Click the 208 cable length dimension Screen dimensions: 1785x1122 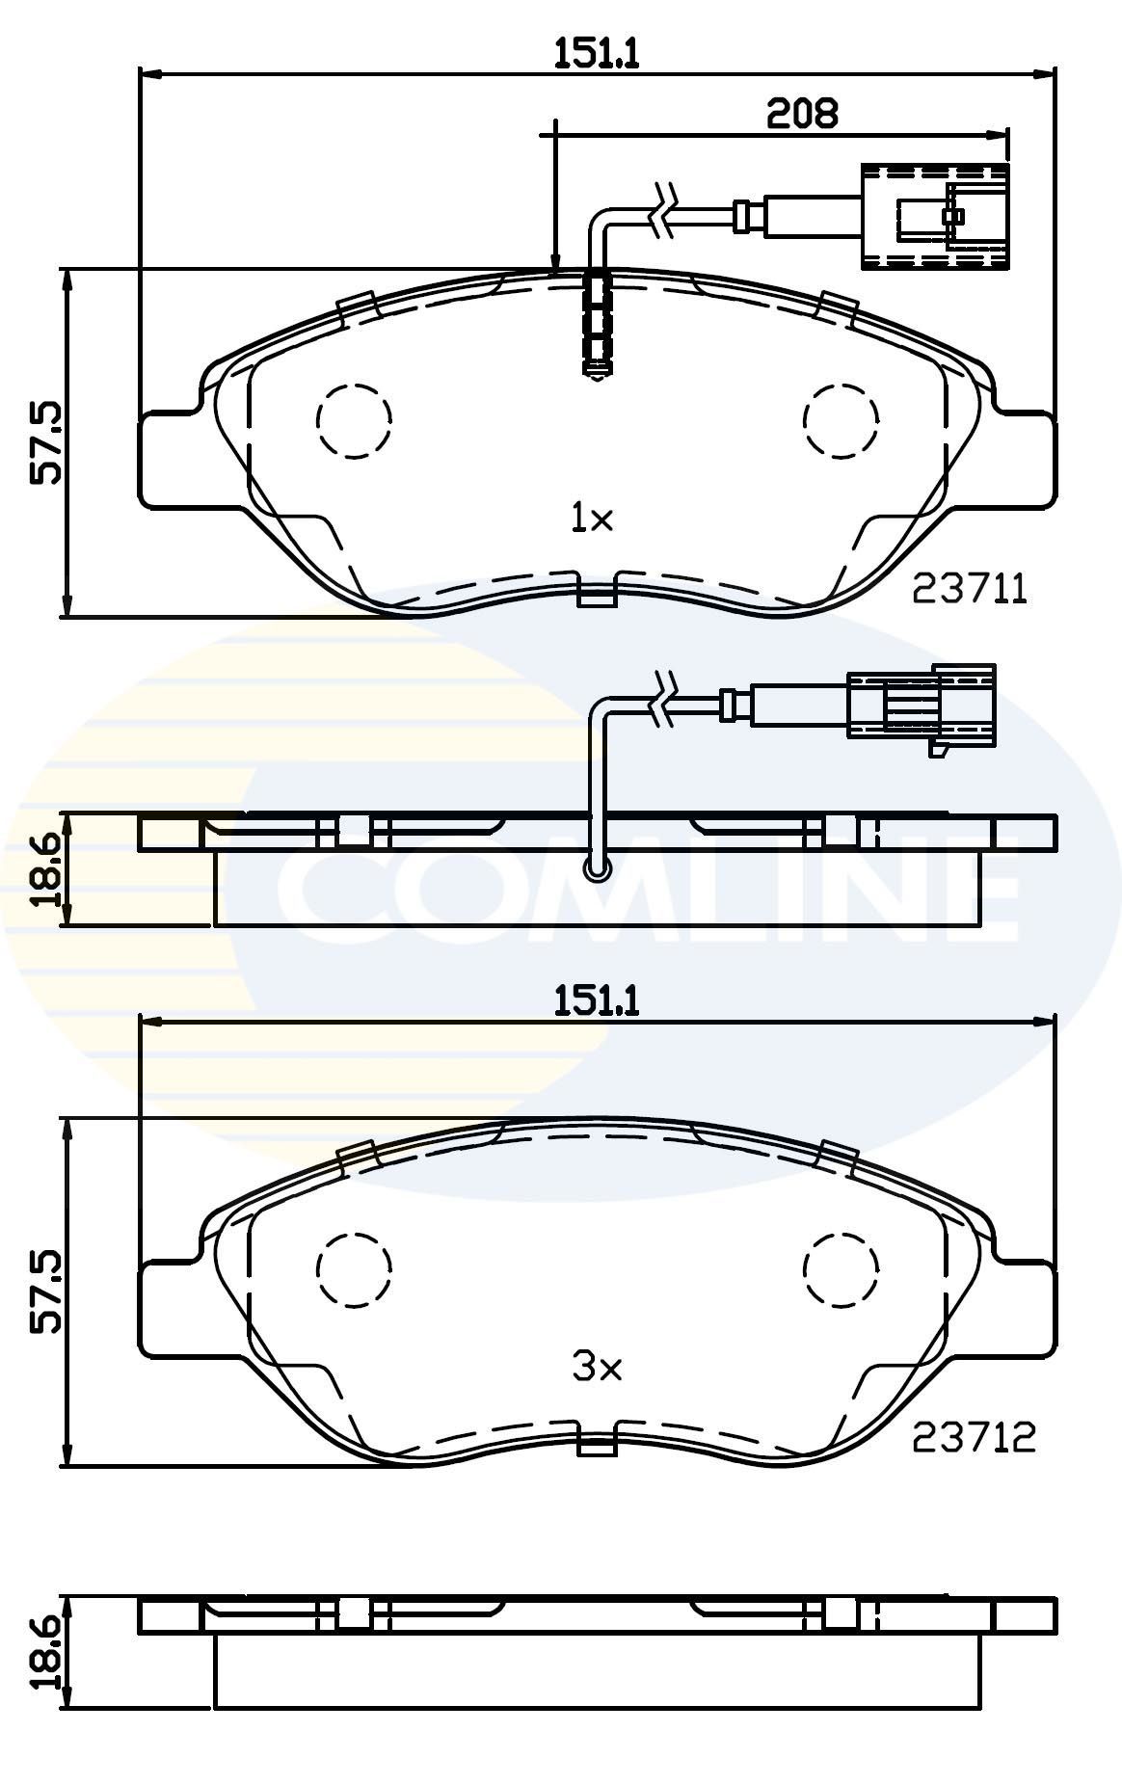click(x=801, y=114)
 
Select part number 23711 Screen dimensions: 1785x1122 click(x=971, y=589)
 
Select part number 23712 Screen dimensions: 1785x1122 click(x=974, y=1438)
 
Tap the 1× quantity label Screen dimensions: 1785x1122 click(x=592, y=520)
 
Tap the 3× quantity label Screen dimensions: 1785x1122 click(x=597, y=1367)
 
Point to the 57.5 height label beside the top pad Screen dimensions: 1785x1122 click(x=45, y=442)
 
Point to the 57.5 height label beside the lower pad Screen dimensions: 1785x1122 click(x=45, y=1292)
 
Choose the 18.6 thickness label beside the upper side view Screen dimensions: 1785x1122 click(x=45, y=870)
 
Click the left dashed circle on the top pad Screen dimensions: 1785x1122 click(x=355, y=420)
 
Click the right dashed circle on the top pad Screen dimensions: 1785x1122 click(x=841, y=420)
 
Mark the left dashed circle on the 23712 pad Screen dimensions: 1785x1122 click(x=355, y=1269)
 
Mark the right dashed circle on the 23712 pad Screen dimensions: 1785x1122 click(x=841, y=1269)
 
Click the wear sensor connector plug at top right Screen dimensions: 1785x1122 click(x=934, y=216)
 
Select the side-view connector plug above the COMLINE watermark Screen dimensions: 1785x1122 click(x=921, y=705)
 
